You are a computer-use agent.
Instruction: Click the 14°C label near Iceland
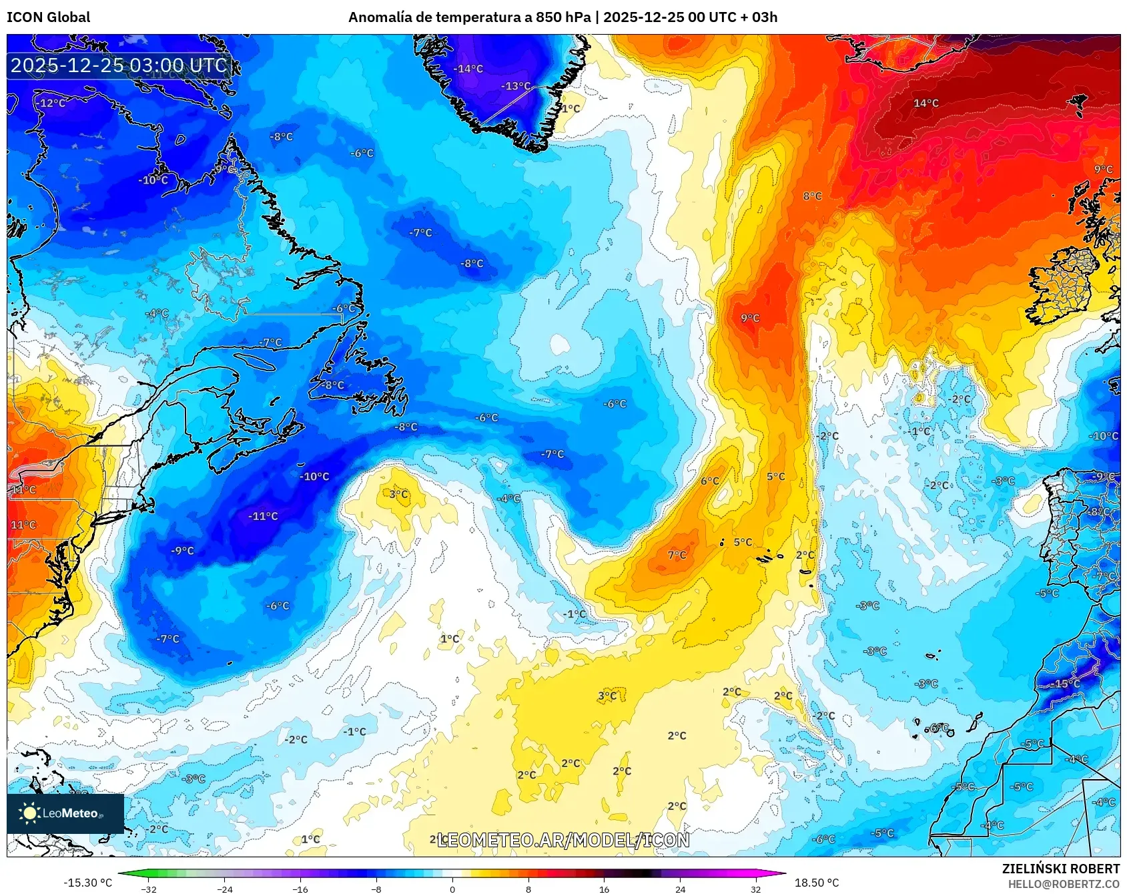pos(925,103)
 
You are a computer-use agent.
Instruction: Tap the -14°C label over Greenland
pos(468,69)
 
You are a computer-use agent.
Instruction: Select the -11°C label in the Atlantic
pos(263,516)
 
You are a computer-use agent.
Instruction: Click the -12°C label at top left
pos(51,103)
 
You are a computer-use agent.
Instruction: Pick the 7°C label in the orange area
pos(677,555)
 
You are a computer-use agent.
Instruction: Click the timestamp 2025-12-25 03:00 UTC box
pos(119,65)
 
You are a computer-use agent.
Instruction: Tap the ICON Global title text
pos(48,17)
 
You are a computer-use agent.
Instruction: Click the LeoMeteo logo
pos(65,813)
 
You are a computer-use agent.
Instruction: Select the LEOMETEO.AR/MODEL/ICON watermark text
pos(563,840)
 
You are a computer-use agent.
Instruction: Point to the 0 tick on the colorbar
pos(452,889)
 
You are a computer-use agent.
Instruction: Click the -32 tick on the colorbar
pos(149,889)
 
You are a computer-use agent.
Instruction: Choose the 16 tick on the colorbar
pos(604,889)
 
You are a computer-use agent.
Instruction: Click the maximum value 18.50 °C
pos(816,883)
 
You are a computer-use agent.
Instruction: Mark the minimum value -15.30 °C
pos(87,883)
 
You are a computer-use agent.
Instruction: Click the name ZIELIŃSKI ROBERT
pos(1060,869)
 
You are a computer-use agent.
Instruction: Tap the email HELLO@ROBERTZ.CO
pos(1063,884)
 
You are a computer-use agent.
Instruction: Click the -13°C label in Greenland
pos(516,86)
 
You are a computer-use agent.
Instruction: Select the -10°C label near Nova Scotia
pos(314,477)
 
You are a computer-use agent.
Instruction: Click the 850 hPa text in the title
pos(563,17)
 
